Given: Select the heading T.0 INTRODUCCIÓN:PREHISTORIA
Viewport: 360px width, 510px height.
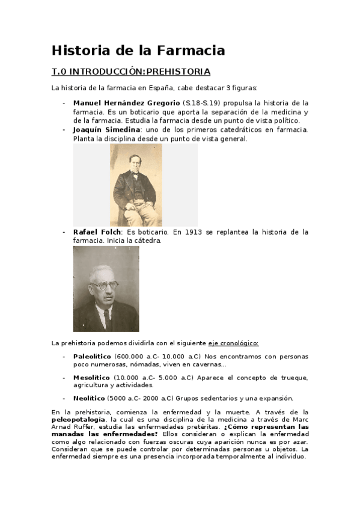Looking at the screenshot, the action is (131, 72).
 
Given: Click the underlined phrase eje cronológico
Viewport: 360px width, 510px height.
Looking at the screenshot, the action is (233, 343).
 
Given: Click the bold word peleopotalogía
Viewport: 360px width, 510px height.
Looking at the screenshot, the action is (79, 419).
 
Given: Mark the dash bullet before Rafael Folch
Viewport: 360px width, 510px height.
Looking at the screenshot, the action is (64, 232).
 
